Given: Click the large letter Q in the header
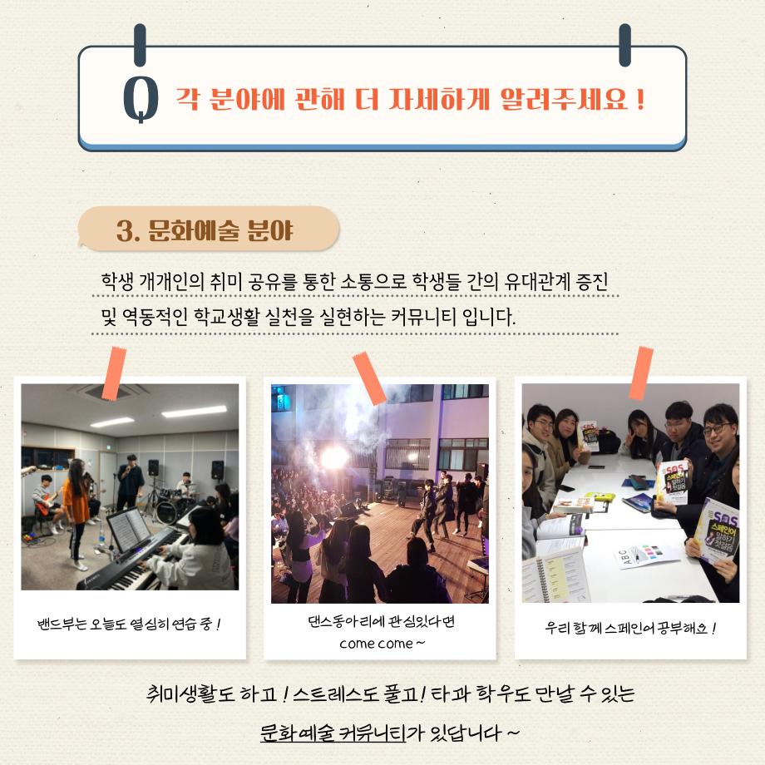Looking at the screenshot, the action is (141, 99).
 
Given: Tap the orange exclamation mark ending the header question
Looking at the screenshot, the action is (640, 100).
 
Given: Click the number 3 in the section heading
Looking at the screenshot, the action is (126, 231).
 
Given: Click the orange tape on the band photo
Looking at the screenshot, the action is (114, 373).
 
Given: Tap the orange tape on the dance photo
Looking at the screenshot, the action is (369, 378).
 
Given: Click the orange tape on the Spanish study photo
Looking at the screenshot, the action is (641, 373).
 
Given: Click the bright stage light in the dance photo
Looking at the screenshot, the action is (334, 457).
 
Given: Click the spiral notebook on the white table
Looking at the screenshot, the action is (555, 575).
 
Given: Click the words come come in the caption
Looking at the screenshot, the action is (376, 644).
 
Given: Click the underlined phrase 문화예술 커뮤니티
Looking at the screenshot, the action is (333, 733).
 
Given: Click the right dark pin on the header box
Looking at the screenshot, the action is (625, 45).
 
